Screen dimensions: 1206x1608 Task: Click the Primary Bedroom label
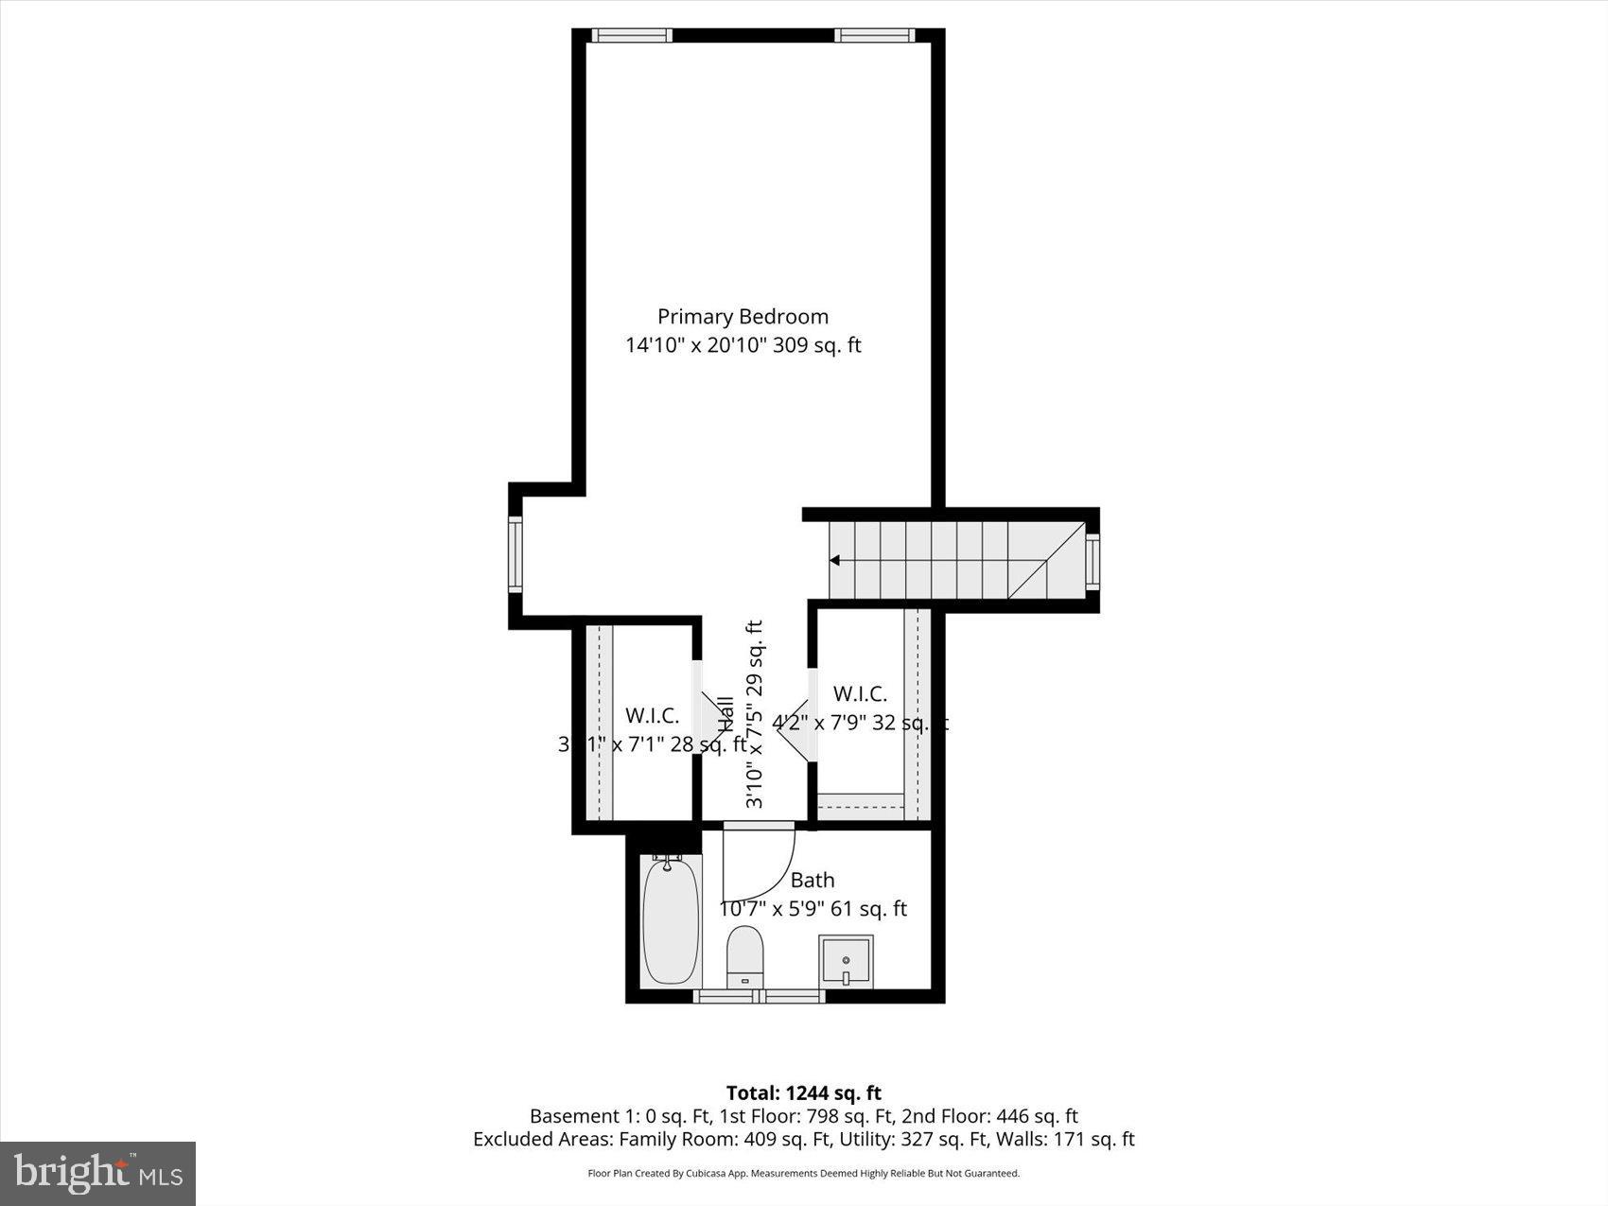(743, 317)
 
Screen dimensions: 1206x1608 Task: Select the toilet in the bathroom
(744, 955)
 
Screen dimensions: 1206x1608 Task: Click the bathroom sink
(846, 961)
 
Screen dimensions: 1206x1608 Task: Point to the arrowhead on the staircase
(834, 561)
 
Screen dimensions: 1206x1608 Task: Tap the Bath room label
(813, 881)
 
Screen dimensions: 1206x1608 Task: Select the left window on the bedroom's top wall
(632, 36)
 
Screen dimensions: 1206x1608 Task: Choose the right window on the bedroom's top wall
(874, 36)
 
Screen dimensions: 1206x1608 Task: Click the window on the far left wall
(516, 554)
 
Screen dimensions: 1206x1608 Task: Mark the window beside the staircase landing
(1092, 562)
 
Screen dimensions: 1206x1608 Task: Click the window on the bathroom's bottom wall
(760, 996)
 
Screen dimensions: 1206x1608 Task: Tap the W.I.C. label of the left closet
(652, 716)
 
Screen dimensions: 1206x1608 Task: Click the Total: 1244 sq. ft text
(804, 1093)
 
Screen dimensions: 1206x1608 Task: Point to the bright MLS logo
(98, 1174)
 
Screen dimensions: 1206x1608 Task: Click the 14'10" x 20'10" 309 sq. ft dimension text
(743, 345)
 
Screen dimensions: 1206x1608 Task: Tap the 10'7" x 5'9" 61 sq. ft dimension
(813, 909)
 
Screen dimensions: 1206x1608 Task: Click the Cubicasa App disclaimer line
(804, 1174)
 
